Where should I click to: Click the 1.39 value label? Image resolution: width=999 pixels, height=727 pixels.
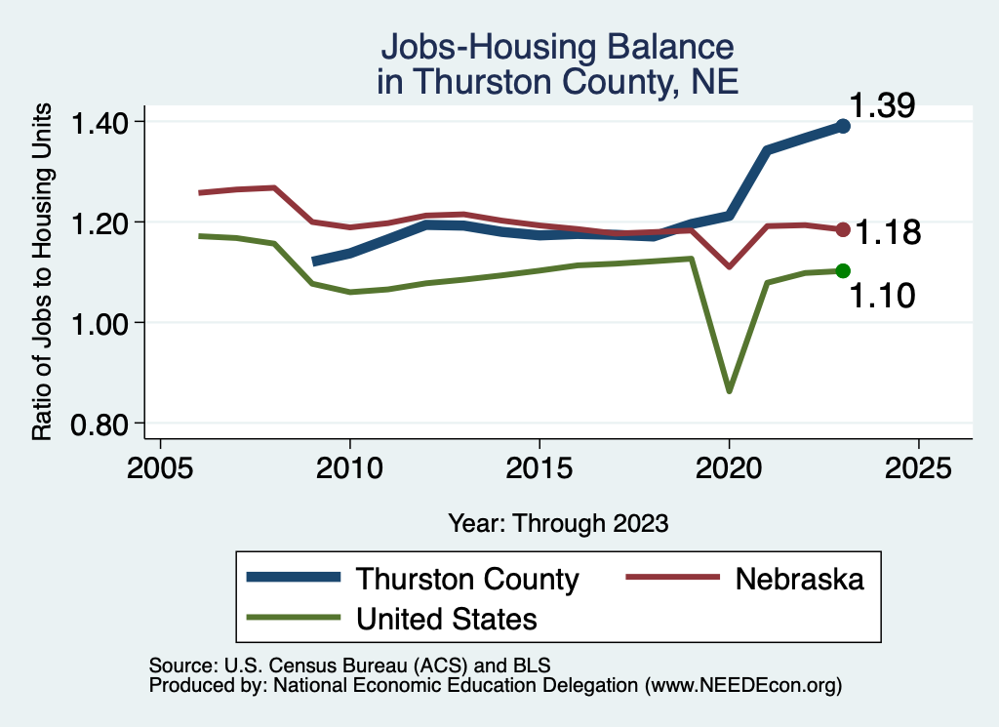pos(881,105)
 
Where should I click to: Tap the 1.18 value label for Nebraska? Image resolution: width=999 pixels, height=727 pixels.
pos(888,233)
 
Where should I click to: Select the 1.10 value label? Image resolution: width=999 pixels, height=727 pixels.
pos(881,295)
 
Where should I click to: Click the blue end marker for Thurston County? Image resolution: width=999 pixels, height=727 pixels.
pos(843,126)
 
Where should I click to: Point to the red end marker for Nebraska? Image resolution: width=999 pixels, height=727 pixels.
pos(843,229)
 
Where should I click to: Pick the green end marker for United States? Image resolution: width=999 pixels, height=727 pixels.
pos(843,270)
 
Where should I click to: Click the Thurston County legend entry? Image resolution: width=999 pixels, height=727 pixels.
pos(467,579)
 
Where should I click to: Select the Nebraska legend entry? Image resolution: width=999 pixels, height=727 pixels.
pos(799,579)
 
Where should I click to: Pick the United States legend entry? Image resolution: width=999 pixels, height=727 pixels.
pos(447,619)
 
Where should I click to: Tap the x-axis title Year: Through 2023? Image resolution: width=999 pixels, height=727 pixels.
pos(558,522)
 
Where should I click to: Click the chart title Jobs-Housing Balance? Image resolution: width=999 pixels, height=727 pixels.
pos(556,47)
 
